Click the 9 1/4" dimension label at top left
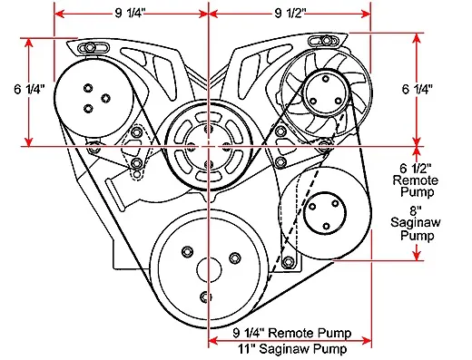click(131, 13)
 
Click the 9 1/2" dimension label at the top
click(290, 13)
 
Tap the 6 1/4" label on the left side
click(30, 89)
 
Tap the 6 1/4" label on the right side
click(417, 89)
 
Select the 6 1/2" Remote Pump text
click(417, 180)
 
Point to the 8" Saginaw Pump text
click(416, 224)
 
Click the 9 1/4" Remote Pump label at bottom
click(292, 333)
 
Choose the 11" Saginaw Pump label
click(292, 349)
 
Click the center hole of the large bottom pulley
click(209, 270)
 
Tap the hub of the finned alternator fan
click(326, 93)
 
